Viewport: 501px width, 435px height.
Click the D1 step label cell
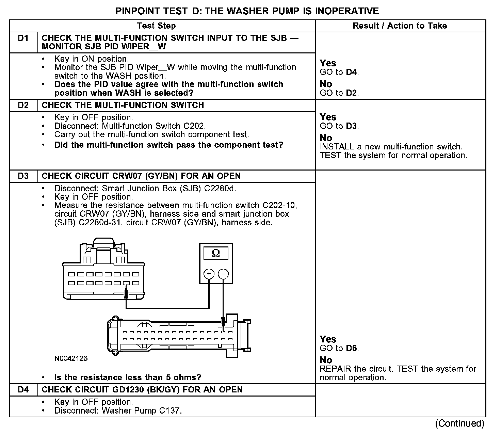[x=23, y=38]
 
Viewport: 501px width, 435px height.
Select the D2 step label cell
[x=23, y=105]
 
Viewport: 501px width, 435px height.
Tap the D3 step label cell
[x=23, y=176]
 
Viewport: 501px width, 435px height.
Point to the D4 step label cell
[x=23, y=390]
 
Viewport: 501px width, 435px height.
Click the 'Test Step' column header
[x=156, y=26]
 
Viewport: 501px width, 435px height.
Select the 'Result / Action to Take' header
[x=400, y=26]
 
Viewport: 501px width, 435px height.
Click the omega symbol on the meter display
[x=216, y=253]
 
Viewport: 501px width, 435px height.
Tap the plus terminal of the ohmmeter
[x=209, y=274]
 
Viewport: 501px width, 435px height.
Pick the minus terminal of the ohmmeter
[x=223, y=274]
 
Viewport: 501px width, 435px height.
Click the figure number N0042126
[x=71, y=358]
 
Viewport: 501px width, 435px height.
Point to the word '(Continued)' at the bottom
[x=459, y=423]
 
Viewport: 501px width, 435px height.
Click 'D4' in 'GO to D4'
[x=352, y=72]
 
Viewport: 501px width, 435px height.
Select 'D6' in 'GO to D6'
[x=352, y=348]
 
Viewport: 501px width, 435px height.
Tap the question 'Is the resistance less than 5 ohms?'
[x=128, y=377]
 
